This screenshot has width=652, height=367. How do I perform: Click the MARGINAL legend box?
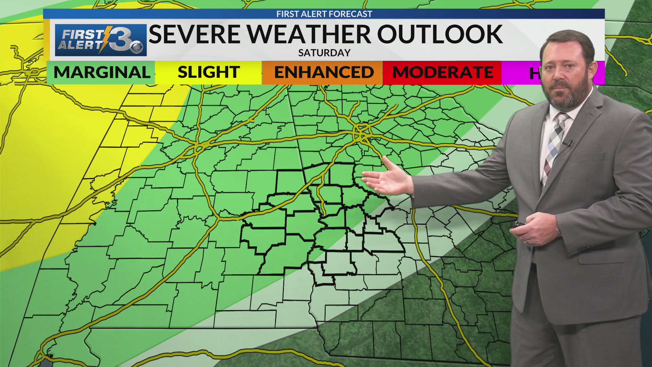(x=101, y=72)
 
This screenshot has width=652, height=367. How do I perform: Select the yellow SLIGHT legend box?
(x=208, y=72)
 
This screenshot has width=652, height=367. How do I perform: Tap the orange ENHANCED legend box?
(x=323, y=72)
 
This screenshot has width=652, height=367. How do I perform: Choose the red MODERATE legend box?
(x=442, y=72)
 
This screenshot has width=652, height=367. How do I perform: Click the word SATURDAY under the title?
(x=324, y=53)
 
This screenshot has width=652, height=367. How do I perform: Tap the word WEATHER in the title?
(x=308, y=34)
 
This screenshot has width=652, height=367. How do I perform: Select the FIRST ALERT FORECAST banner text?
(x=324, y=14)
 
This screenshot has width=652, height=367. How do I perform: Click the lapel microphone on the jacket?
(x=567, y=143)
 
